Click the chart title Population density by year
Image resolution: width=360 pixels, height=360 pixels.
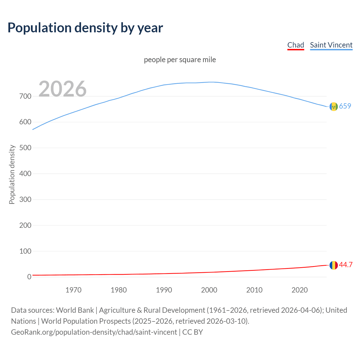[x=85, y=28]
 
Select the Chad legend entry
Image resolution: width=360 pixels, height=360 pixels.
[x=296, y=45]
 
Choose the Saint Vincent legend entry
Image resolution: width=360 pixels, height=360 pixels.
[x=331, y=45]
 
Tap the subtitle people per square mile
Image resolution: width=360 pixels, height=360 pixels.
[x=180, y=60]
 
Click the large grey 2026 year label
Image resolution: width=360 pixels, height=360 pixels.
[x=62, y=89]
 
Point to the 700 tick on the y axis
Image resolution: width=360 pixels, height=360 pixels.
[x=25, y=96]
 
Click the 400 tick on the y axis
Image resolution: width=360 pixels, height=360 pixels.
[x=25, y=174]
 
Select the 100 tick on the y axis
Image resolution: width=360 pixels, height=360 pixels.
[x=25, y=251]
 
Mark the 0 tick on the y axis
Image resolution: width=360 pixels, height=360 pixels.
[x=29, y=277]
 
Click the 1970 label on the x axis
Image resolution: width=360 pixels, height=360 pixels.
[x=73, y=290]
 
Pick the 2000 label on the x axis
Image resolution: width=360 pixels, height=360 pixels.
[x=209, y=290]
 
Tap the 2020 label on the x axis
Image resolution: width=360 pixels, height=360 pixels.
[x=300, y=290]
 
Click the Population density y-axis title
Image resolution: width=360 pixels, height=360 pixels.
[x=12, y=174]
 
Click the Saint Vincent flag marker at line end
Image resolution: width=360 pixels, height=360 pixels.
[x=334, y=107]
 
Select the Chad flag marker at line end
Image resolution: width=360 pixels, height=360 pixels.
[x=334, y=265]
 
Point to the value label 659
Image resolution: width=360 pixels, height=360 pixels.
[x=345, y=106]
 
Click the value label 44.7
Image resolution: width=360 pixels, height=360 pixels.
[x=346, y=265]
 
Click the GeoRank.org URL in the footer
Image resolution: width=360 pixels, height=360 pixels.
[x=94, y=332]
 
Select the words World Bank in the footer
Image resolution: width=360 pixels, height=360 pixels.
[x=75, y=310]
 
